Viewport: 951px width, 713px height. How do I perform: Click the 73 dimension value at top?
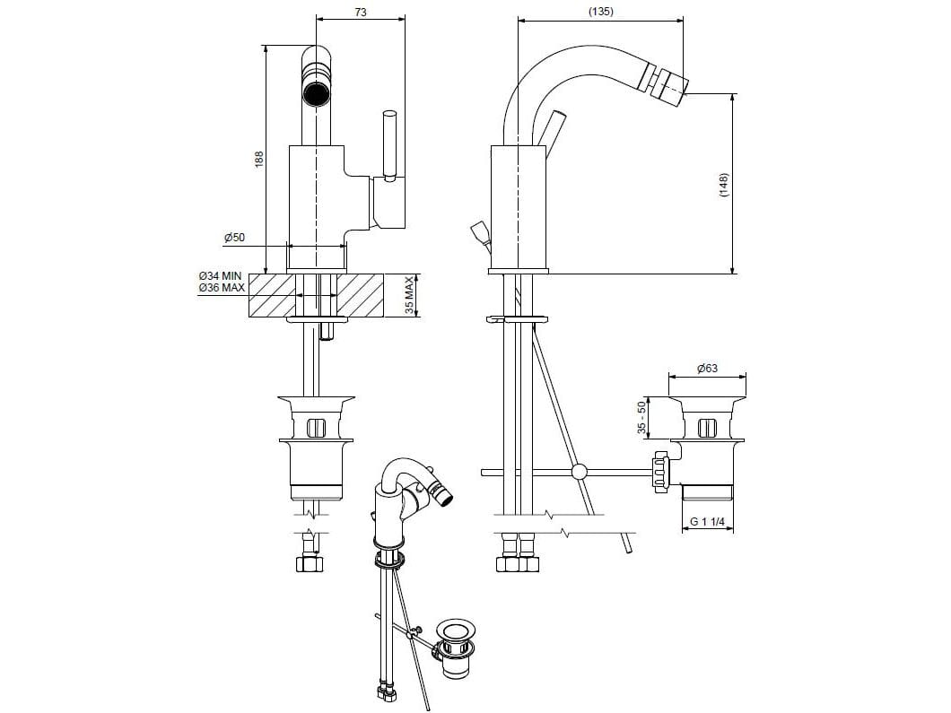(x=361, y=12)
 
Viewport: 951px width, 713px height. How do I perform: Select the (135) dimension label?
(x=601, y=12)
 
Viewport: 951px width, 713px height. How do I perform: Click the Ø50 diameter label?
(x=234, y=238)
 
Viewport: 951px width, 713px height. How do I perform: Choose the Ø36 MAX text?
(x=222, y=288)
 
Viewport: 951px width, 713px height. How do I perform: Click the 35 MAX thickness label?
(x=409, y=296)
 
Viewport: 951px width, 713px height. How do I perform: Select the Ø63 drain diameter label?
(x=708, y=369)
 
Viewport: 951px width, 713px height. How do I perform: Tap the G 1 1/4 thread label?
(x=708, y=522)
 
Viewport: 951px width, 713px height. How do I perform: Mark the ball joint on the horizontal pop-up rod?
(x=580, y=470)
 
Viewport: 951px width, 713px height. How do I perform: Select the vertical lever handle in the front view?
(x=389, y=143)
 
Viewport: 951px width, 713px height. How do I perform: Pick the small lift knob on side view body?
(x=477, y=234)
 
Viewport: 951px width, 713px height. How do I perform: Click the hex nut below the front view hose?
(x=309, y=564)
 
